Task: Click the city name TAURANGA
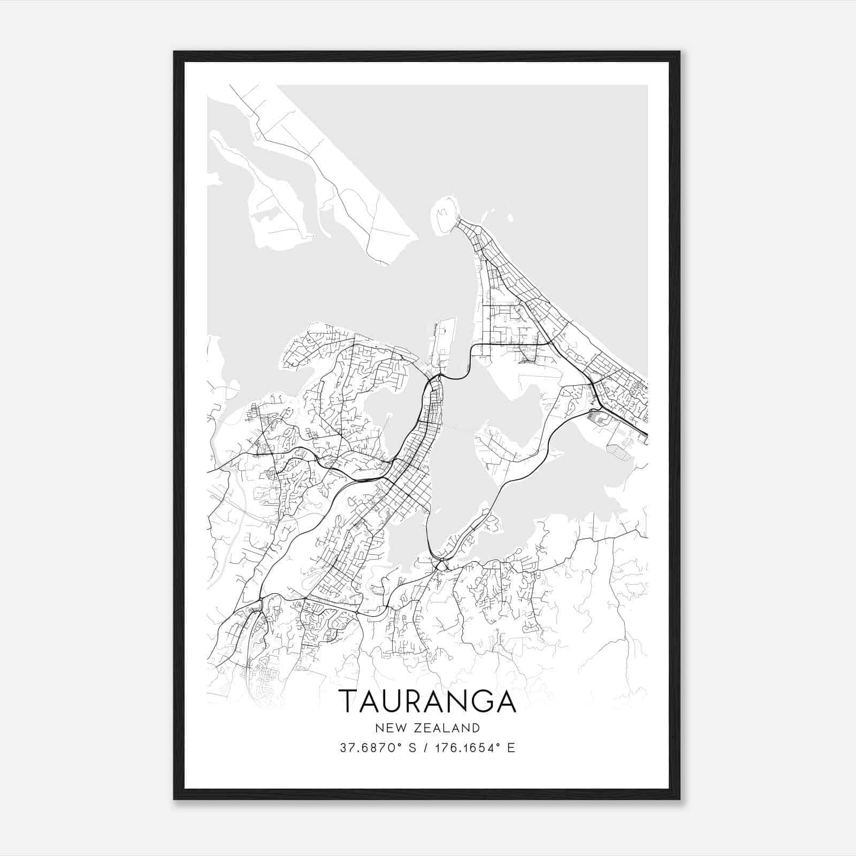tap(427, 701)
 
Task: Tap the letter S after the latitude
tap(412, 748)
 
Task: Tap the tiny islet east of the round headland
tap(510, 218)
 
